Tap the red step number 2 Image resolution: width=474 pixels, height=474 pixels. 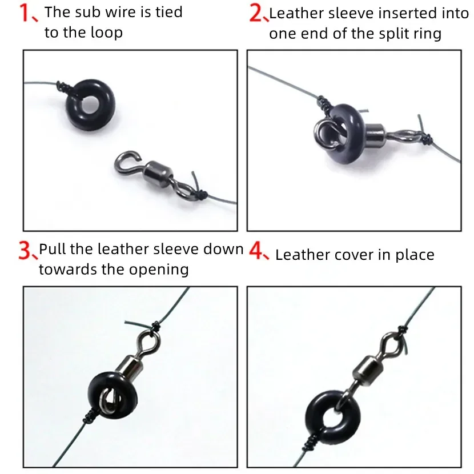(256, 14)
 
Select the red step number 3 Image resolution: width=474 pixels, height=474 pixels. (25, 250)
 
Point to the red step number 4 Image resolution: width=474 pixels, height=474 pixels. (256, 251)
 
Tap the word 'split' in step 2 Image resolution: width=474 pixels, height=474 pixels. (391, 34)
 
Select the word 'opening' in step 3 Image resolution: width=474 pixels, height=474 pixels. (159, 270)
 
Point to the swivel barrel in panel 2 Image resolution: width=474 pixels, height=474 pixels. (375, 134)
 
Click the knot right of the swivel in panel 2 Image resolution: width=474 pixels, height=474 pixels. (427, 139)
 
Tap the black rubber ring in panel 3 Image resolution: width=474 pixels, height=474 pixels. (113, 395)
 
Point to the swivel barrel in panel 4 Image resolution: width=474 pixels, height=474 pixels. (367, 369)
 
